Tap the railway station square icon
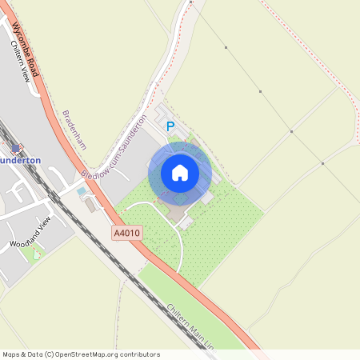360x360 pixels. point(14,147)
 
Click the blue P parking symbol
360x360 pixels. point(170,126)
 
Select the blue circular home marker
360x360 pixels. point(180,173)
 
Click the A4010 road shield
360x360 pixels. point(126,233)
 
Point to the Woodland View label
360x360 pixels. point(30,231)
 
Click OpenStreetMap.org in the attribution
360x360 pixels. point(87,354)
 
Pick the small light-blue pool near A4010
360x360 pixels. point(82,192)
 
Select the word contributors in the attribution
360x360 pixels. point(141,354)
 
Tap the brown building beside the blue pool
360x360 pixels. point(90,206)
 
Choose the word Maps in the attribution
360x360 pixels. point(11,354)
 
